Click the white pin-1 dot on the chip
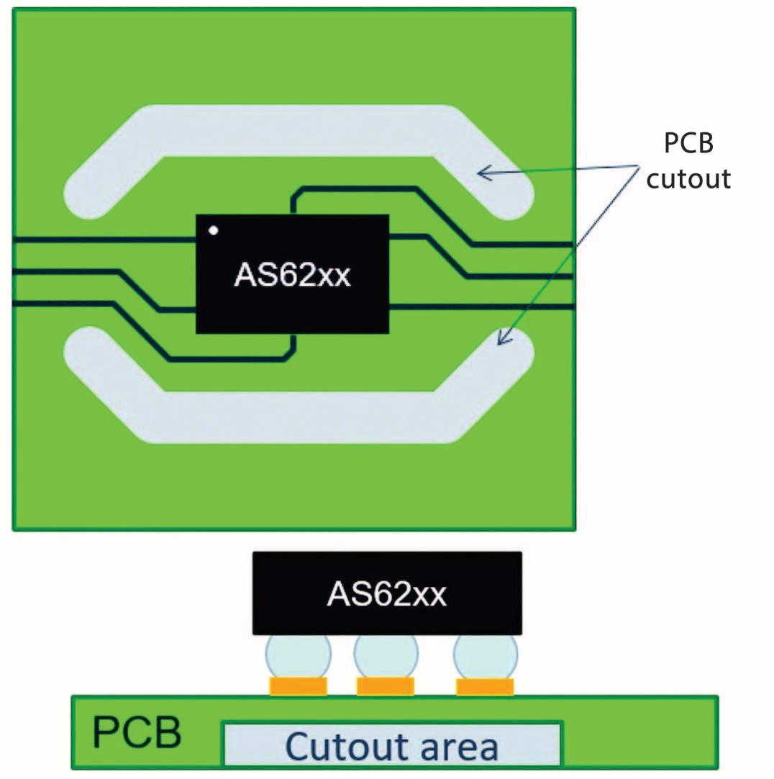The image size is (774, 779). tap(213, 231)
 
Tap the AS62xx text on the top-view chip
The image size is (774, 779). tap(292, 275)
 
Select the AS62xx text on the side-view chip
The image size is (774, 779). tap(387, 594)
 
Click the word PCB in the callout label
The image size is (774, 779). tap(688, 143)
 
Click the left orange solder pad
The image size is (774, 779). tap(298, 686)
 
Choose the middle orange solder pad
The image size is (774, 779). tap(386, 686)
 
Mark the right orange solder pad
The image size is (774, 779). tap(485, 686)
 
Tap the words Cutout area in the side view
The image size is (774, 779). tap(392, 746)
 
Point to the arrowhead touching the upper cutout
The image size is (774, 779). tap(484, 171)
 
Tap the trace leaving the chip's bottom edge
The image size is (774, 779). tap(291, 346)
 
